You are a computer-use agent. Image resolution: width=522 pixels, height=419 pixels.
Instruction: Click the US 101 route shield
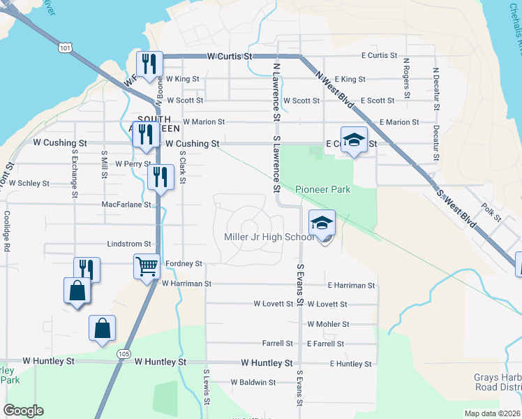click(65, 48)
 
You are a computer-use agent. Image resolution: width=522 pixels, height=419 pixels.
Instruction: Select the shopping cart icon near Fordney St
click(147, 266)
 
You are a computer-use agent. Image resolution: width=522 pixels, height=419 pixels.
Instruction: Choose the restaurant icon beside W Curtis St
click(149, 64)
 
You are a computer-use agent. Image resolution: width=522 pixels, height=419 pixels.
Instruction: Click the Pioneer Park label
click(322, 189)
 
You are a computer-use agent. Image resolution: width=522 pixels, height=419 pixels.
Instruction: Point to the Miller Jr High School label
click(269, 237)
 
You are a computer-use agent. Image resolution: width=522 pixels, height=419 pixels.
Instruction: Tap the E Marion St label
click(399, 122)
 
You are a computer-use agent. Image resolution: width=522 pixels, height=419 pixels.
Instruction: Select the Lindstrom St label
click(129, 244)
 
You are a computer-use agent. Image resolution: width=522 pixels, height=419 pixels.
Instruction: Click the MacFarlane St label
click(126, 205)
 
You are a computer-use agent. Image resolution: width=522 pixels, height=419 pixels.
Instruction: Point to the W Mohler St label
click(328, 324)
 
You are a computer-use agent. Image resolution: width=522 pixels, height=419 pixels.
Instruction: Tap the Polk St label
click(492, 212)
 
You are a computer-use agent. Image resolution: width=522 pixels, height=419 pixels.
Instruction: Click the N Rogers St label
click(406, 78)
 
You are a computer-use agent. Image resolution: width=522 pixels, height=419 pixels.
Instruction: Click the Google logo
click(23, 411)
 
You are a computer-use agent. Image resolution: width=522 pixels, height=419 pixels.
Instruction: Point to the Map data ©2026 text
click(491, 413)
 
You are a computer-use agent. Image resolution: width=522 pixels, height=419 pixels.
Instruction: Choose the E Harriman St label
click(352, 285)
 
